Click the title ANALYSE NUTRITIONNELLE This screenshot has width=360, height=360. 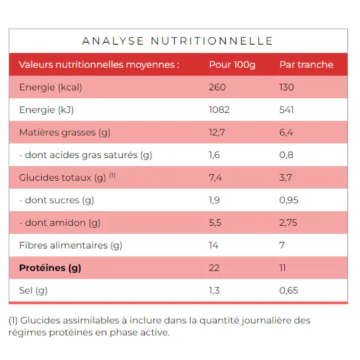(x=177, y=41)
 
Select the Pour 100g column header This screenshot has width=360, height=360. (x=232, y=65)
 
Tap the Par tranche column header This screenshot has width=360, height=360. (x=306, y=65)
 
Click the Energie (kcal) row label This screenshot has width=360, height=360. (x=51, y=87)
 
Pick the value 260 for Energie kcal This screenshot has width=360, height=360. (x=217, y=87)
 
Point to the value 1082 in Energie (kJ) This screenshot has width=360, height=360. (x=219, y=110)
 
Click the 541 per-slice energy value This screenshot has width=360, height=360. (x=287, y=110)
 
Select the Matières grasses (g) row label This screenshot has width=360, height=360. (x=64, y=133)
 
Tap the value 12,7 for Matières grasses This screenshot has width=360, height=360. (x=217, y=133)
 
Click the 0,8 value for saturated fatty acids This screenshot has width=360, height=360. (x=285, y=155)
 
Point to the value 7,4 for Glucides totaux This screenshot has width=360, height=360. (x=215, y=177)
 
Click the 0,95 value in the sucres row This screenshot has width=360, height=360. (x=289, y=200)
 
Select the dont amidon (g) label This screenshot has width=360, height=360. (x=60, y=223)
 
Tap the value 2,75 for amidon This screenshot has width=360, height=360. (x=289, y=223)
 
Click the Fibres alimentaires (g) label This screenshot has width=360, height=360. (x=71, y=245)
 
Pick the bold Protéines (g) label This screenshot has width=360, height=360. (x=51, y=268)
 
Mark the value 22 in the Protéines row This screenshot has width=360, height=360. (x=214, y=268)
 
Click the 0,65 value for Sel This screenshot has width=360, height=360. (x=289, y=291)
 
